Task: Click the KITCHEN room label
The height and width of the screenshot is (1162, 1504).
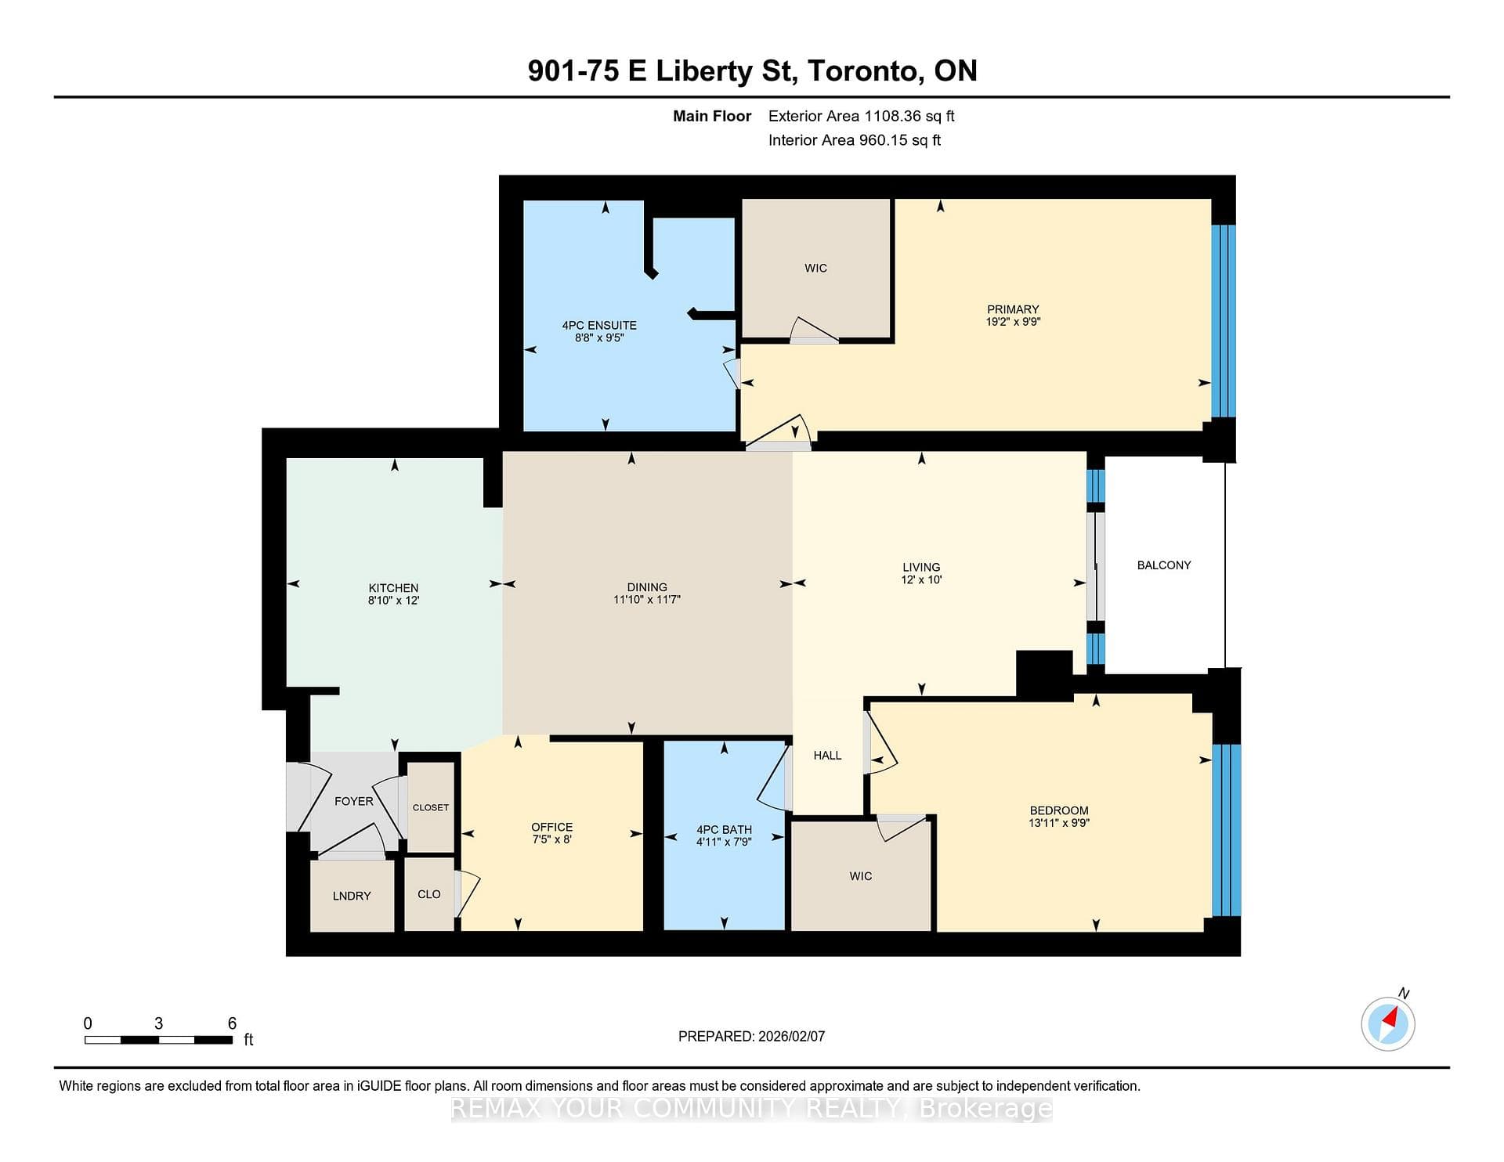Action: pos(393,587)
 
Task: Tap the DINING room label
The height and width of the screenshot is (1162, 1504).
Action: pos(647,586)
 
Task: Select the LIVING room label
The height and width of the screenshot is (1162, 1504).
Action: pos(921,567)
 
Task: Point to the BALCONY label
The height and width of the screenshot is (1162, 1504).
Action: pos(1164,565)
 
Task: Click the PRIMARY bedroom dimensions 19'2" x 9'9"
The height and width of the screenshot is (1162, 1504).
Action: pos(1013,321)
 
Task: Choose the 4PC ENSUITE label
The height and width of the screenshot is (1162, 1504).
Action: pos(599,325)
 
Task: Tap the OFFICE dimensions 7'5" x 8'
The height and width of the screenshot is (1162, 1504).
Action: pos(552,839)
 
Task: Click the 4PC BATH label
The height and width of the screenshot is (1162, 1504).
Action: pos(724,829)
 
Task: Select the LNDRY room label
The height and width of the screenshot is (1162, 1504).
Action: pos(352,896)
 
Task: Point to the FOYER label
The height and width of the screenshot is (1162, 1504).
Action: pos(354,801)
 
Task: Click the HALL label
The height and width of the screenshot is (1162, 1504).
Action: pos(827,755)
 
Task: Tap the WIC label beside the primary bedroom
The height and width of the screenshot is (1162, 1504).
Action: pos(815,268)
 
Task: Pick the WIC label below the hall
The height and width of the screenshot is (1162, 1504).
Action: pos(860,875)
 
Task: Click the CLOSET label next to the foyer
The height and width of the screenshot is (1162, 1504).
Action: pos(431,807)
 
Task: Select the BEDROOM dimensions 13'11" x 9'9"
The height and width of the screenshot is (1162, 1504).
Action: pos(1059,822)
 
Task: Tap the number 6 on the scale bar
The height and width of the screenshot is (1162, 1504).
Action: pos(232,1023)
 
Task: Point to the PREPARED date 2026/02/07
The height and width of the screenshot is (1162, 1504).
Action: pos(791,1036)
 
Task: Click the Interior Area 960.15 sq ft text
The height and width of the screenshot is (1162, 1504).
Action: pos(855,140)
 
